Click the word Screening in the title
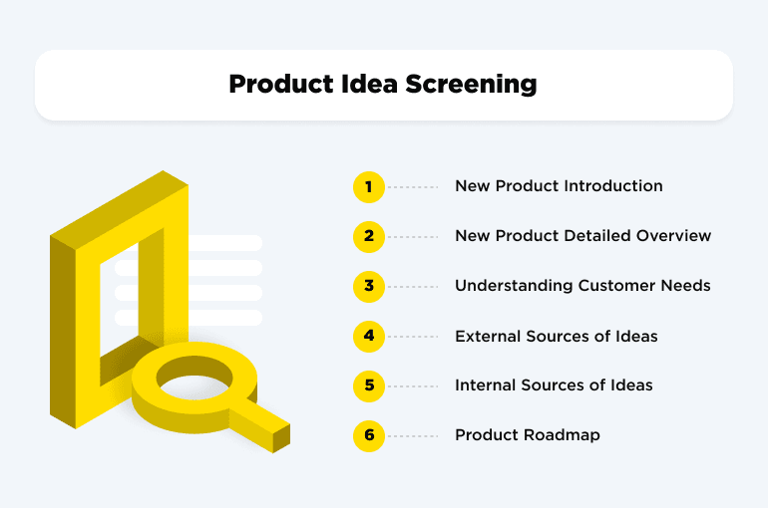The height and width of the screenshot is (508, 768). (471, 85)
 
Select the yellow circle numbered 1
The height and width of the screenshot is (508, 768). (368, 186)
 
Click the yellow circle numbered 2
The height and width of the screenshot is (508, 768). (368, 236)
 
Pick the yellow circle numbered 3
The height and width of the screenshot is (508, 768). (368, 286)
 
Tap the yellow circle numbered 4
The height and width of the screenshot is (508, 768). (368, 336)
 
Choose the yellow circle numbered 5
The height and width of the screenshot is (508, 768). (368, 385)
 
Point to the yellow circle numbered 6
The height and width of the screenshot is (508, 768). (368, 435)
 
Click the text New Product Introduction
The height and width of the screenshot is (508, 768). (559, 186)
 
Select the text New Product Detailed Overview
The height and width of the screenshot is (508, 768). (582, 236)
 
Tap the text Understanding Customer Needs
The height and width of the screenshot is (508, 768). (582, 286)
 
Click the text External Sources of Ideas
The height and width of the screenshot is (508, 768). (556, 336)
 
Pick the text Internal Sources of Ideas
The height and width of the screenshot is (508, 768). (554, 385)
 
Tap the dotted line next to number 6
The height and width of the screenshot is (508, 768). (413, 436)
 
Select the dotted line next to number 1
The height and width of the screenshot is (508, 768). (413, 187)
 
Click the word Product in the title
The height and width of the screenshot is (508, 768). (279, 85)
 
